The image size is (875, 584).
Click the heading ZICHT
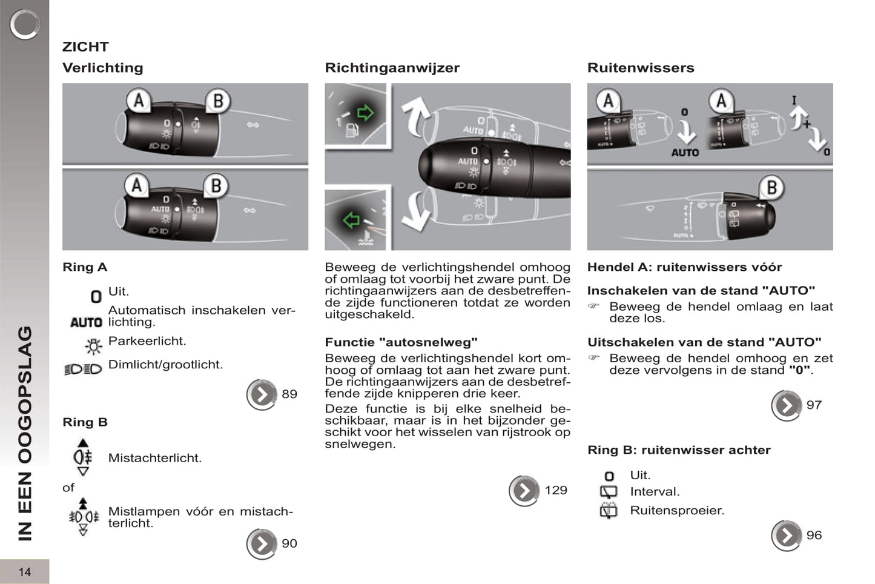(85, 47)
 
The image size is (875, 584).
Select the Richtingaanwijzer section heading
(392, 68)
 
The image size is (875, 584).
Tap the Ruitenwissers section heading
(640, 68)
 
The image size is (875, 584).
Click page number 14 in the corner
(24, 572)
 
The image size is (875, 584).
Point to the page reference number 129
(555, 490)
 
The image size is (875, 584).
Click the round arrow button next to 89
(262, 394)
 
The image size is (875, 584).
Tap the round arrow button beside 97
(786, 405)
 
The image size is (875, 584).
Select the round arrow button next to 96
(786, 536)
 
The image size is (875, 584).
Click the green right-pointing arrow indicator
(365, 112)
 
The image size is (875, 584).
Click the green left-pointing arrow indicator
(351, 219)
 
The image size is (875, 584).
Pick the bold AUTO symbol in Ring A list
(86, 323)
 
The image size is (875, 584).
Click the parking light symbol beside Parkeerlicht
(94, 346)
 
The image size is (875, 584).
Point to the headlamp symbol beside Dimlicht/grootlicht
(83, 369)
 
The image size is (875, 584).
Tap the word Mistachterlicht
(154, 458)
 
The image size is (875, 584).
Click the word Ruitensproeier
(676, 511)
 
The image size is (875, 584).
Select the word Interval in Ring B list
(654, 492)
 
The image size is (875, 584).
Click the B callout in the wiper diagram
(771, 188)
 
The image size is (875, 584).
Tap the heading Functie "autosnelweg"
(401, 342)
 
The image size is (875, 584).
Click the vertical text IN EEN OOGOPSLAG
(24, 433)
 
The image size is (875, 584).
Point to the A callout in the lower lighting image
(137, 185)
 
